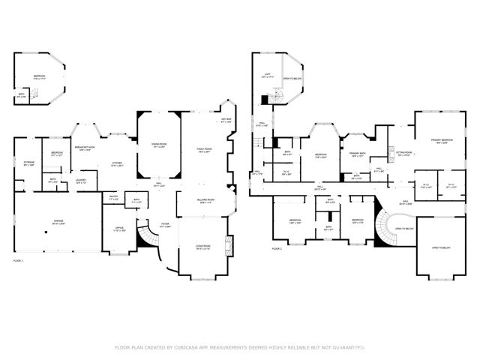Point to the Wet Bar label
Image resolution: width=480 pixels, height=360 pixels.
(x=226, y=121)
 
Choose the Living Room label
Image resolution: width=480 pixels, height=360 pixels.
(x=203, y=246)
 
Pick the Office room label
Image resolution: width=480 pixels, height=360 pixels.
(x=118, y=229)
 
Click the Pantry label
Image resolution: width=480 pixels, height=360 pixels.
(x=112, y=198)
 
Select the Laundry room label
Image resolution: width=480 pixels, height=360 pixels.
(x=80, y=180)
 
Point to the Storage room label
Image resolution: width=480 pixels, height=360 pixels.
(x=29, y=163)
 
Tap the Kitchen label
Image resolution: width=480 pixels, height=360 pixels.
(x=117, y=163)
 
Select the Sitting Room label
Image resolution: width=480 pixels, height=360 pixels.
(x=404, y=155)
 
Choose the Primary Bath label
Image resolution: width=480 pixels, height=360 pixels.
(x=357, y=154)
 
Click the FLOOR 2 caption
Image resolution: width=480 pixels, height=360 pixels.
(x=277, y=248)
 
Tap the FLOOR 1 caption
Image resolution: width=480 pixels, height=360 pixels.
(x=19, y=260)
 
